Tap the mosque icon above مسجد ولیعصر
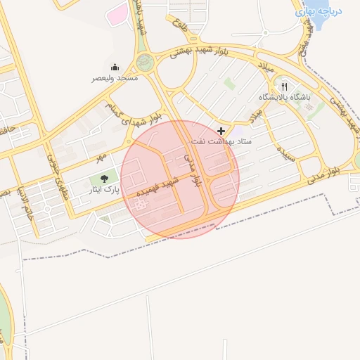(x=115, y=67)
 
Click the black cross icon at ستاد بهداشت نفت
(x=221, y=131)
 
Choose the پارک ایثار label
(x=103, y=190)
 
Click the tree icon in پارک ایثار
(x=104, y=179)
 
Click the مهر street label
(x=102, y=154)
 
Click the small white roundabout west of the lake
(x=266, y=32)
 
